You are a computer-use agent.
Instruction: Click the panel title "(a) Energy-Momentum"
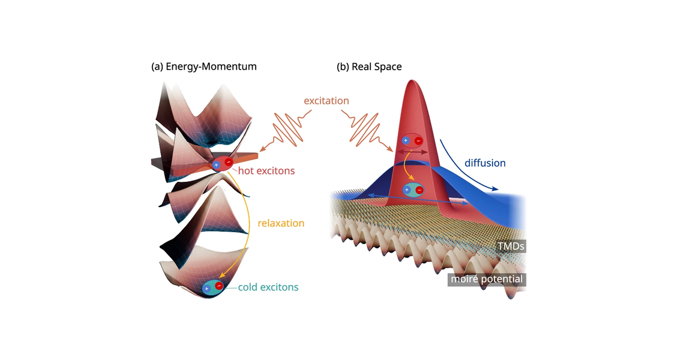pyautogui.click(x=203, y=67)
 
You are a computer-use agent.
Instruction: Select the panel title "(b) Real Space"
pyautogui.click(x=369, y=67)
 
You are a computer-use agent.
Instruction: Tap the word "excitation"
pyautogui.click(x=326, y=101)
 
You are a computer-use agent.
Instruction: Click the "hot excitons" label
pyautogui.click(x=266, y=171)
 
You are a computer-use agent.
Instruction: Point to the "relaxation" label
pyautogui.click(x=281, y=223)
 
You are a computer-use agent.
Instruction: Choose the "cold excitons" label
pyautogui.click(x=268, y=287)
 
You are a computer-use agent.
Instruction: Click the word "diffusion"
pyautogui.click(x=485, y=163)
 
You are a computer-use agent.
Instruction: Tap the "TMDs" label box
pyautogui.click(x=511, y=246)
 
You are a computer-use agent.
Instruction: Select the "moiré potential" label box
pyautogui.click(x=487, y=279)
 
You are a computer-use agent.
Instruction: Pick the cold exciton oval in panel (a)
pyautogui.click(x=213, y=287)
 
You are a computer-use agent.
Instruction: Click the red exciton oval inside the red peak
pyautogui.click(x=412, y=140)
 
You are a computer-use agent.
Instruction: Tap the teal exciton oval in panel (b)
pyautogui.click(x=413, y=190)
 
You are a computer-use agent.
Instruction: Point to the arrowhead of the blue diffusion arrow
pyautogui.click(x=495, y=189)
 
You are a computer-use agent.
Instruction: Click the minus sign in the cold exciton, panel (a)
pyautogui.click(x=220, y=286)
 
